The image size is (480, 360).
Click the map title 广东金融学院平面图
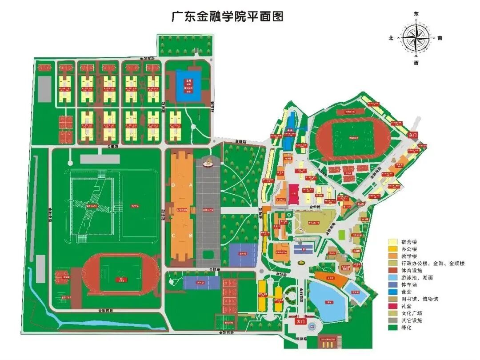[227, 17]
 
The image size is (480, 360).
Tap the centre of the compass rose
[416, 38]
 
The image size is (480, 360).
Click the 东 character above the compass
[416, 14]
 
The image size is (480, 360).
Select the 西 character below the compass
[416, 63]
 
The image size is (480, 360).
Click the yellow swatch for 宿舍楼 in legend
[392, 242]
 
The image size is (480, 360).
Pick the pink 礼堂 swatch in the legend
[392, 306]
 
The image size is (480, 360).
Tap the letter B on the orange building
[190, 236]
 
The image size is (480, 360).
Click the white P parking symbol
[304, 250]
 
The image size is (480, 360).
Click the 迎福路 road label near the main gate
[302, 338]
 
